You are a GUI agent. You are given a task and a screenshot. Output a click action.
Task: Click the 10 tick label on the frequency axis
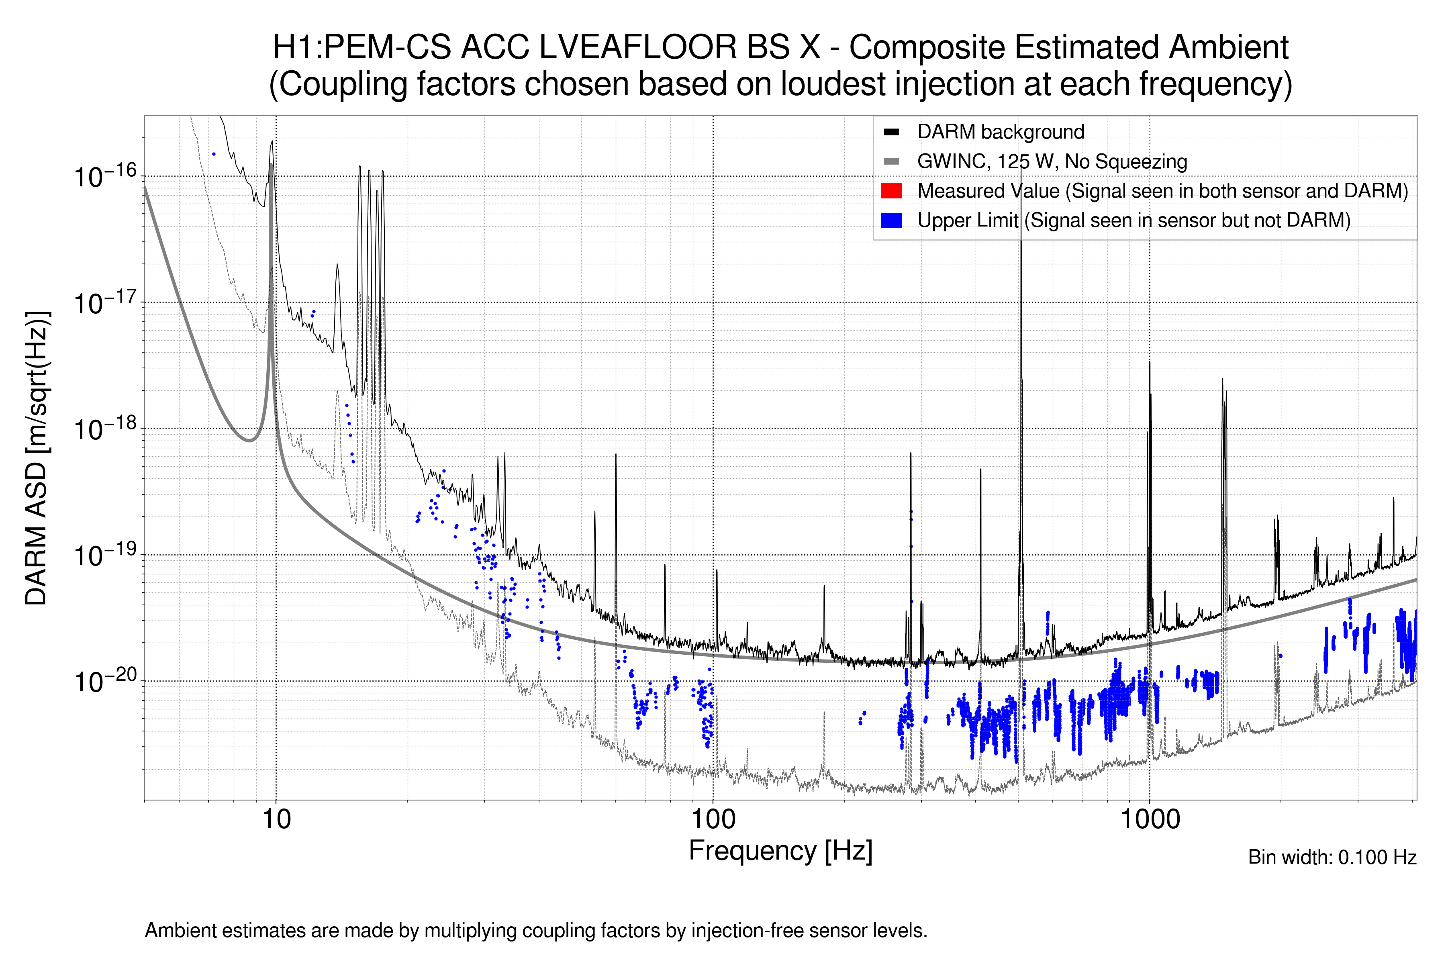click(276, 819)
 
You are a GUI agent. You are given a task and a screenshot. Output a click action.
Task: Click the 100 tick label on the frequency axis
click(713, 819)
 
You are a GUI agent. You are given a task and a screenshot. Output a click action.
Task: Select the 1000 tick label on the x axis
click(1150, 819)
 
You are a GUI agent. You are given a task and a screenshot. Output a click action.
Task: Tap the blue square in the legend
click(891, 221)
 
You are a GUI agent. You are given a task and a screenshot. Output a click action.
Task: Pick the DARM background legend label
click(1000, 132)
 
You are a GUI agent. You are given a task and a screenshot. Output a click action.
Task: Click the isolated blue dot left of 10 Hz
click(214, 154)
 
